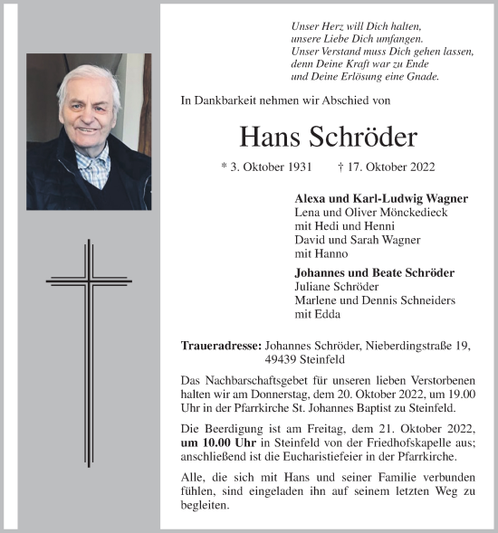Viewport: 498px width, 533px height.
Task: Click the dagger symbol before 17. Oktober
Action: tap(340, 167)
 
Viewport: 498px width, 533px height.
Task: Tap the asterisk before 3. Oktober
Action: tap(225, 168)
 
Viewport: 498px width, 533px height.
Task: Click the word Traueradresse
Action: tap(221, 344)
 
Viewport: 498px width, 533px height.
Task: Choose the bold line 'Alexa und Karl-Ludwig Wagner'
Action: tap(369, 198)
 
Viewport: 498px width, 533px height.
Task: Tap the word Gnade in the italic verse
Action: tap(421, 78)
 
